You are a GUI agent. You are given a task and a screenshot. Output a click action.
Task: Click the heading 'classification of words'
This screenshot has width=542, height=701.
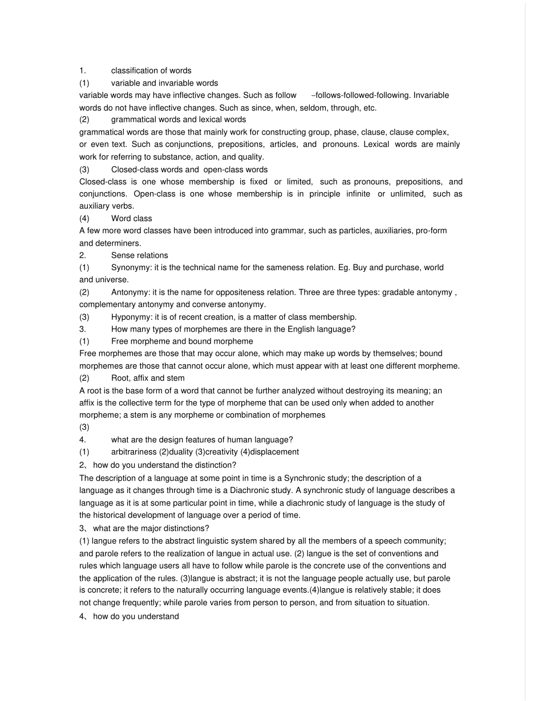pos(151,71)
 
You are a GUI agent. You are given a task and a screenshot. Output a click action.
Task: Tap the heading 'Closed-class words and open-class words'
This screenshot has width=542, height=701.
pos(189,169)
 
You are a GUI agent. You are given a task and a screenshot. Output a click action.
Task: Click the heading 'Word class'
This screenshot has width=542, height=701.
pos(131,218)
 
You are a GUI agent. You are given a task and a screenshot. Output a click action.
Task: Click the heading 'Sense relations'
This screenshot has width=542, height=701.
pos(139,255)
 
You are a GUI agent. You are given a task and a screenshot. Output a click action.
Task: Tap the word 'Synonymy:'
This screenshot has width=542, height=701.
pos(131,267)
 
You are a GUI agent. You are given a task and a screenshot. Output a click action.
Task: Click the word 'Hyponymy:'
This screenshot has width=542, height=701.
pos(131,317)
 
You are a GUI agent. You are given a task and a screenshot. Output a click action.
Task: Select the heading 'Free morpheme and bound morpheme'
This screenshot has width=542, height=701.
pos(181,341)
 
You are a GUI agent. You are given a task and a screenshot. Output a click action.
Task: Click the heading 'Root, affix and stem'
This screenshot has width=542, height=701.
pos(147,378)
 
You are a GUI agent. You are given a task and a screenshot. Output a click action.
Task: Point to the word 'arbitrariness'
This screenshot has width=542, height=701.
pos(134,452)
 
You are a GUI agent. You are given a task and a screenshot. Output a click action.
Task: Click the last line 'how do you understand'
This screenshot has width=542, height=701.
pos(136,616)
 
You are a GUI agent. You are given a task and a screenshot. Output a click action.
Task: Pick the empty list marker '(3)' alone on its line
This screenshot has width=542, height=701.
pos(84,427)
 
